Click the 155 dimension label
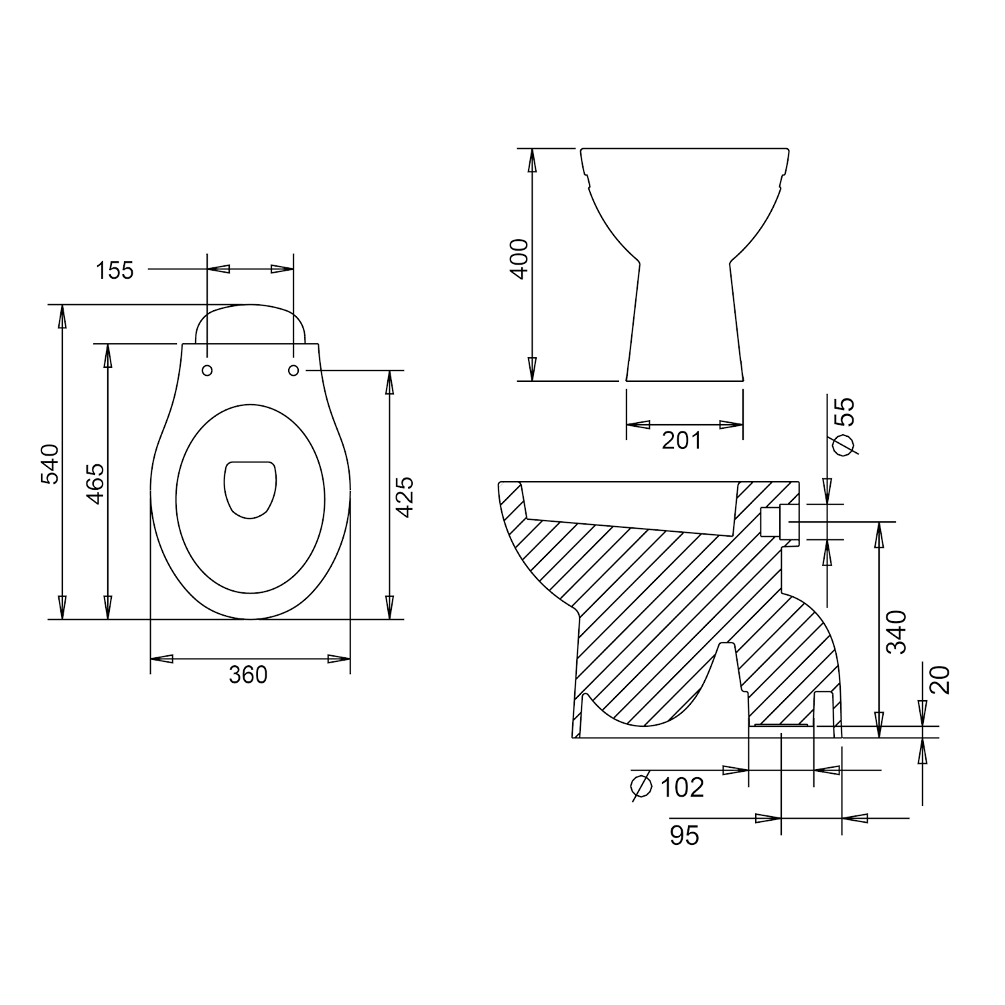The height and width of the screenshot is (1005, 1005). click(x=115, y=271)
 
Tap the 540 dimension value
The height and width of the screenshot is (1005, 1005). click(x=51, y=464)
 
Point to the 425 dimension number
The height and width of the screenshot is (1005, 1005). click(x=404, y=496)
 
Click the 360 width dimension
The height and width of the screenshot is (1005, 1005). click(x=248, y=675)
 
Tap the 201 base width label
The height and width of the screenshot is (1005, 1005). click(x=681, y=441)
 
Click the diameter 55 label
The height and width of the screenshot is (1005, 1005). click(x=844, y=426)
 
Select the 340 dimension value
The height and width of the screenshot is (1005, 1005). click(x=896, y=631)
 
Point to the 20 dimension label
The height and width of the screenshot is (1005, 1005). click(x=940, y=680)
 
